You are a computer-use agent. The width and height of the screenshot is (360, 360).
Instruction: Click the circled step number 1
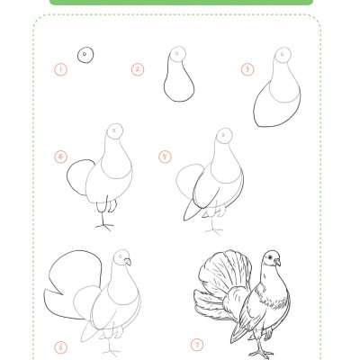click(61, 70)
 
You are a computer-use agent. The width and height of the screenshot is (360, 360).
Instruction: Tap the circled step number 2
click(138, 69)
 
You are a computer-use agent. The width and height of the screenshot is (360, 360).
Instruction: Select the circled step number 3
click(247, 69)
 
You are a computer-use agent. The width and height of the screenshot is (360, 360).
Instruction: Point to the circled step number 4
click(61, 157)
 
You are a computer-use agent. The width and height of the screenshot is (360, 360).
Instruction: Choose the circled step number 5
click(165, 157)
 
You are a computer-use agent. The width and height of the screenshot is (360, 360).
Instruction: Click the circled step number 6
click(61, 347)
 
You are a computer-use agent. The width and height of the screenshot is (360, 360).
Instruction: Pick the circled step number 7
click(197, 345)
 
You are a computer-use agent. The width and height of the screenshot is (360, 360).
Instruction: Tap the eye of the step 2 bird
click(176, 54)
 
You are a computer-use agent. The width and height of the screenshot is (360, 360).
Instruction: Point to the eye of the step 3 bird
click(282, 54)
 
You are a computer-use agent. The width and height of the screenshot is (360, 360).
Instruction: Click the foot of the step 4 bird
click(104, 226)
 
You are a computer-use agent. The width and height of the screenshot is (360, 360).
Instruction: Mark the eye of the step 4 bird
click(114, 130)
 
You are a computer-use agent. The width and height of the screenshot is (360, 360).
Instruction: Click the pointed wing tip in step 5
click(184, 220)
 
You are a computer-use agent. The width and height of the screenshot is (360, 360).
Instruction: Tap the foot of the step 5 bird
click(214, 231)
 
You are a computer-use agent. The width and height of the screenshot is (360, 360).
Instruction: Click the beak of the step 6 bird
click(128, 262)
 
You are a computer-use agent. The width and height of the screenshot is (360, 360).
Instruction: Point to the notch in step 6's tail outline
click(62, 294)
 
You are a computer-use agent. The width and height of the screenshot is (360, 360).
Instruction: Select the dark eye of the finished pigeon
click(270, 257)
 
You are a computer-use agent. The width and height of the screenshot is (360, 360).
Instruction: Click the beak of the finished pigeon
click(277, 263)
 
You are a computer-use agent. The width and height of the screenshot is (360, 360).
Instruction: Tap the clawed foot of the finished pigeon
click(261, 354)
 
